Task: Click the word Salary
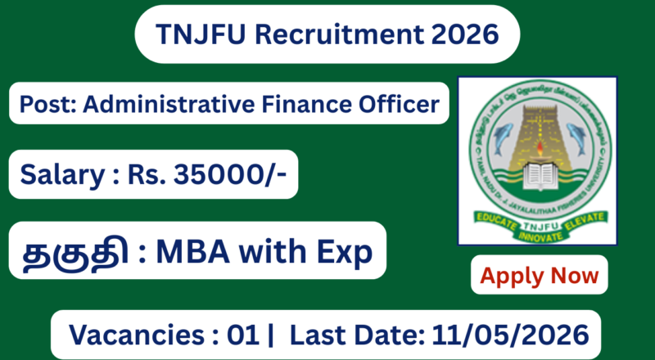tap(56, 173)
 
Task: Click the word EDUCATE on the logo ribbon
tap(496, 219)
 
